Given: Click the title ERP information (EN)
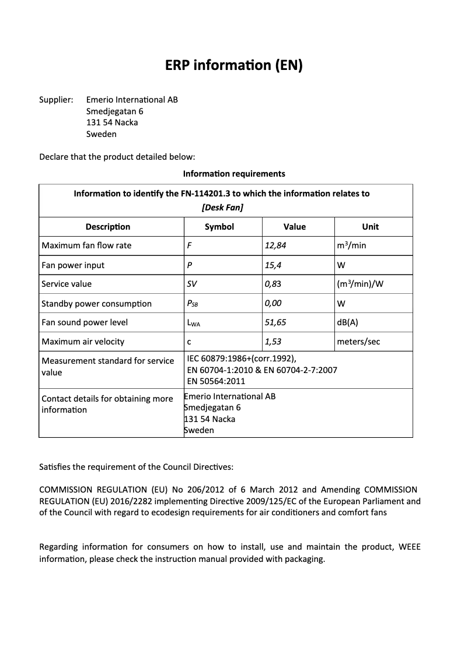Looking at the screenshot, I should tap(233, 65).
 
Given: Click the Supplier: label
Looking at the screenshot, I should tap(56, 100).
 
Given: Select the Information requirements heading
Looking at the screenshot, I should tap(233, 174).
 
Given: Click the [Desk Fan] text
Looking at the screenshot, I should tap(222, 208).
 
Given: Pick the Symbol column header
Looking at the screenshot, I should tap(219, 227).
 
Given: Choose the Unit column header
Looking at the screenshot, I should tap(370, 227).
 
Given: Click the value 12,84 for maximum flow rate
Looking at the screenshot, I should tap(275, 245).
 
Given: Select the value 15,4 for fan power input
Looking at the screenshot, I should tap(273, 265).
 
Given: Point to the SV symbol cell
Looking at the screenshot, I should tap(192, 284).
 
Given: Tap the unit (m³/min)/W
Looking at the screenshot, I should tap(364, 284).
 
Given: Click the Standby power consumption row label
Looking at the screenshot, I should tap(96, 304).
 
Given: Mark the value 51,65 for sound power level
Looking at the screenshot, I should tap(275, 322).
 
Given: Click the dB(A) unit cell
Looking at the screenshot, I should tap(348, 322).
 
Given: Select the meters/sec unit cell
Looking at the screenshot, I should tap(358, 342).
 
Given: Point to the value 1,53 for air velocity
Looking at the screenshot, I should tap(273, 342).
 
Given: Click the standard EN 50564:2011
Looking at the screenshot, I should tap(216, 381).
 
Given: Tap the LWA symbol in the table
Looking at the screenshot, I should tap(193, 323).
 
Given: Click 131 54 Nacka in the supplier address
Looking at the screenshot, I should tap(112, 122).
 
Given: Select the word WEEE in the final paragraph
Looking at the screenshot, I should tap(409, 547).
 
